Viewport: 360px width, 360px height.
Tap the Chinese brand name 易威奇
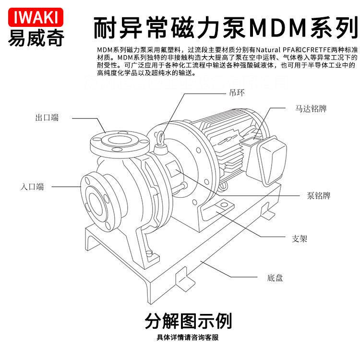pos(36,38)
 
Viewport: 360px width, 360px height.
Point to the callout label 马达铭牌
pos(311,109)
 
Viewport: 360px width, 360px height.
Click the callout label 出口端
pos(47,118)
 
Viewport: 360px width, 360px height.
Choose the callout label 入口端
pos(32,186)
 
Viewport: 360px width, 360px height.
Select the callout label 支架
pos(300,239)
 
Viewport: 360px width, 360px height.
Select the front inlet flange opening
pos(99,200)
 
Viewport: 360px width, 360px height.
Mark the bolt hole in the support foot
pos(222,207)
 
